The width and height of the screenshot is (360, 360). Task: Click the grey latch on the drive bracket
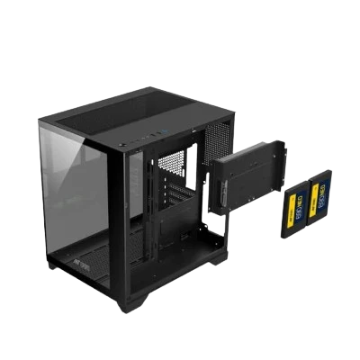pyautogui.click(x=220, y=190)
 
